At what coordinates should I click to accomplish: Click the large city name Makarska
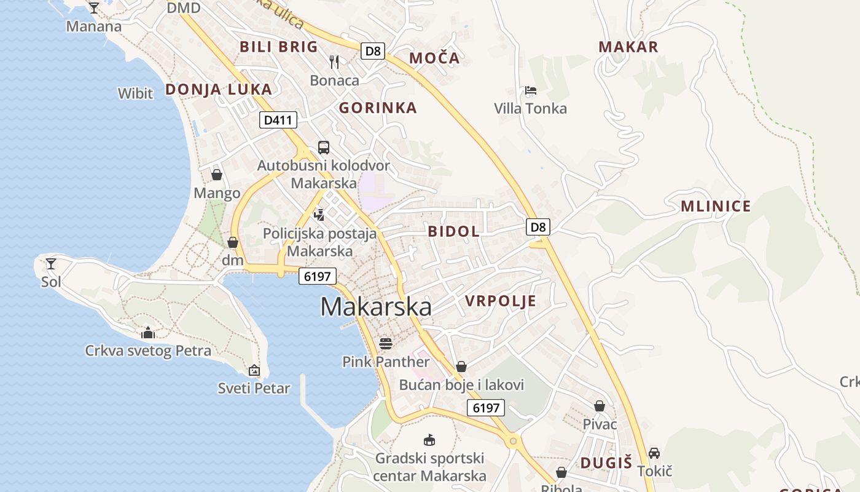tap(375, 306)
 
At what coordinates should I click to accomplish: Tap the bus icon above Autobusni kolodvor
tap(323, 148)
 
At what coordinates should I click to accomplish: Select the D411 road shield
tap(278, 120)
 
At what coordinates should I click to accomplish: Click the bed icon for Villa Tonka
tap(531, 90)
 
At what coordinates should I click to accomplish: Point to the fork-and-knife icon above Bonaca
tap(334, 61)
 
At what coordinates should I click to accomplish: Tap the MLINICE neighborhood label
tap(716, 207)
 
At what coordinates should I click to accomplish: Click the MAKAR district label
tap(628, 47)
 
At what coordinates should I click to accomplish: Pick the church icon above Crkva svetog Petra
tap(148, 333)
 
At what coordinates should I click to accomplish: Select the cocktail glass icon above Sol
tap(51, 264)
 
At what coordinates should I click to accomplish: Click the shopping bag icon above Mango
tap(216, 175)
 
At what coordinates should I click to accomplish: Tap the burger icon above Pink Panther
tap(386, 343)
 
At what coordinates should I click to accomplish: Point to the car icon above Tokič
tap(654, 453)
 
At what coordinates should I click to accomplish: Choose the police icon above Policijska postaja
tap(319, 215)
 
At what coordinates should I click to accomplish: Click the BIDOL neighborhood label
tap(453, 232)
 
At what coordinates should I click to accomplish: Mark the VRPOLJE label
tap(500, 301)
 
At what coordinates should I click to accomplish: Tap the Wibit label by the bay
tap(135, 93)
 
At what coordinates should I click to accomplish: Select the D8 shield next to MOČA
tap(373, 51)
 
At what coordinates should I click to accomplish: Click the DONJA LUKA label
tap(218, 90)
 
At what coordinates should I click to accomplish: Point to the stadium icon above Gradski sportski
tap(429, 440)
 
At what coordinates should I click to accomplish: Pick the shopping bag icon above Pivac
tap(600, 406)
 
